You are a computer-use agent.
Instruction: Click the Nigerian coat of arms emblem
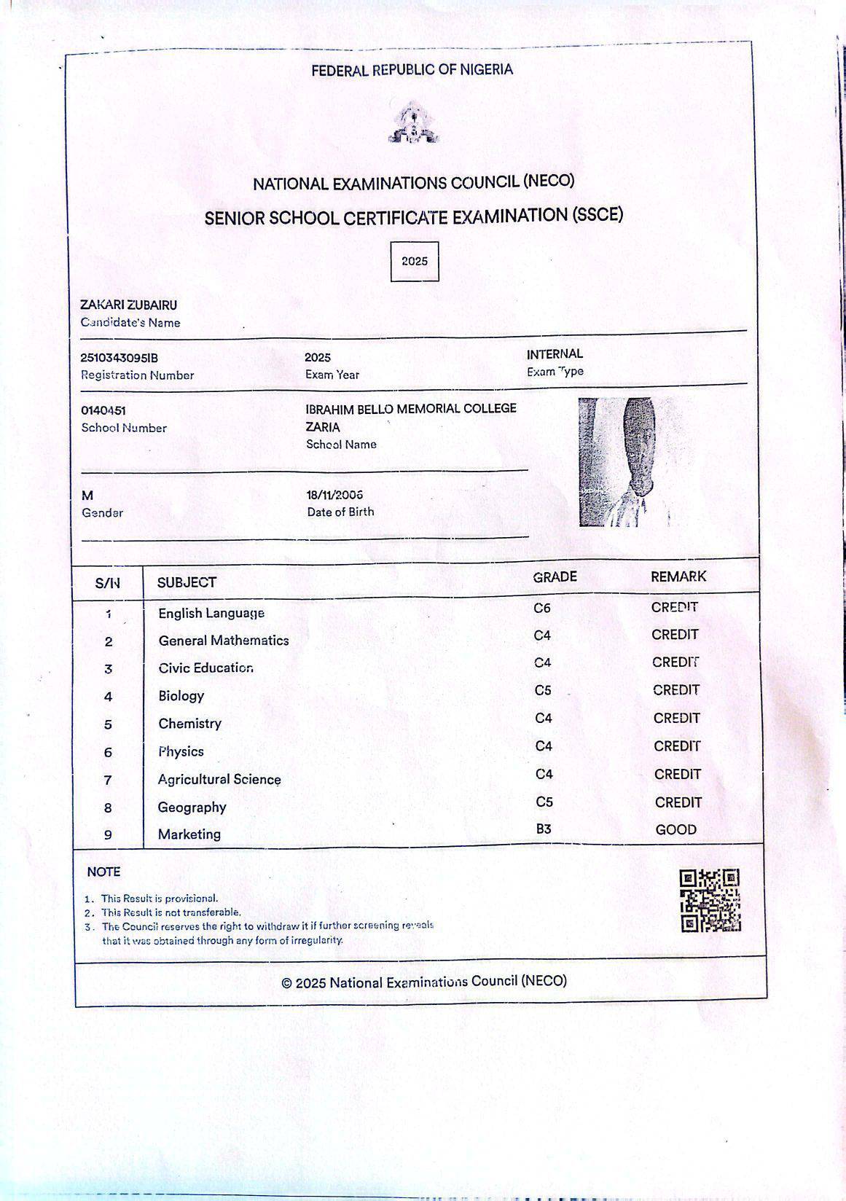pyautogui.click(x=413, y=122)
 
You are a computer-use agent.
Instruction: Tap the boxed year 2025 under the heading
pyautogui.click(x=415, y=262)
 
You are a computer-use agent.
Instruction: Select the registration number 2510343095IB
pyautogui.click(x=119, y=358)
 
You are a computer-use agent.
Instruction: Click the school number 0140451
pyautogui.click(x=103, y=411)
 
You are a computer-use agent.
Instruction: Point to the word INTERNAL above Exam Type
pyautogui.click(x=555, y=354)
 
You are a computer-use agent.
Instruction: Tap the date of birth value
pyautogui.click(x=334, y=495)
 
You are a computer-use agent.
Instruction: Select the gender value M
pyautogui.click(x=88, y=496)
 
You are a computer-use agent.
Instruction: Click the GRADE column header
pyautogui.click(x=555, y=577)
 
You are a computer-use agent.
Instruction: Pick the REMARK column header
pyautogui.click(x=678, y=576)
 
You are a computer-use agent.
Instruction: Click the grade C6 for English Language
pyautogui.click(x=542, y=608)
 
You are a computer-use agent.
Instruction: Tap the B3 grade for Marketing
pyautogui.click(x=544, y=829)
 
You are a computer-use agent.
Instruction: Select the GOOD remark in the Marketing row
pyautogui.click(x=676, y=829)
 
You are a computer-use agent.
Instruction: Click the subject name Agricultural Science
pyautogui.click(x=219, y=779)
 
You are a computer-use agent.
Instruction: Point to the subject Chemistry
pyautogui.click(x=189, y=724)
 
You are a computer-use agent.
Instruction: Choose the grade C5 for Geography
pyautogui.click(x=544, y=802)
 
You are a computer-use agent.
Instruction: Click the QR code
pyautogui.click(x=710, y=901)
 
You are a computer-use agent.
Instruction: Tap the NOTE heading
pyautogui.click(x=103, y=872)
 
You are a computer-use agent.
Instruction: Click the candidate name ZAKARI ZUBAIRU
pyautogui.click(x=128, y=305)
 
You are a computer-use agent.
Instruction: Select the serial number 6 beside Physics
pyautogui.click(x=108, y=753)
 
